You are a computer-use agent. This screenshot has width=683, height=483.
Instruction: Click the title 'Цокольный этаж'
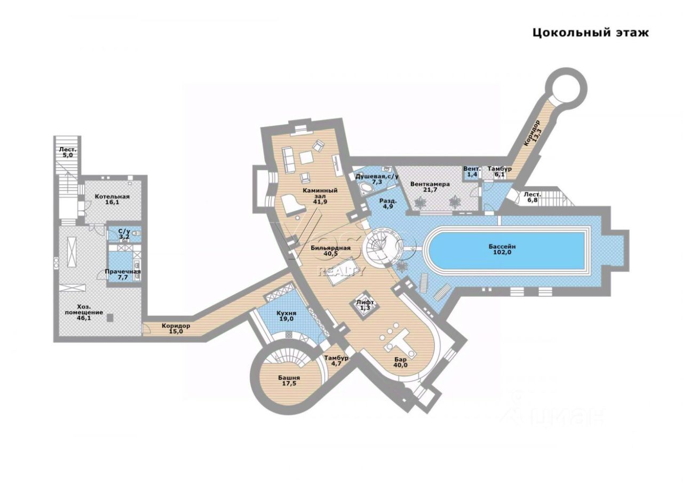click(591, 33)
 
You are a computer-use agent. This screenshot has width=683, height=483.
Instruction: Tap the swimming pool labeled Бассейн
click(502, 250)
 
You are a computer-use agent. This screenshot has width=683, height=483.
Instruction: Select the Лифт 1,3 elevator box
click(366, 305)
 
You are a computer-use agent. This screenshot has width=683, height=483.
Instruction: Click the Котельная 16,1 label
click(112, 200)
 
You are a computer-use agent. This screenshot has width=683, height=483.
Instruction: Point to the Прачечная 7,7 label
click(123, 274)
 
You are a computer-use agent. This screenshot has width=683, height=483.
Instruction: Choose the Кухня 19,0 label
click(287, 315)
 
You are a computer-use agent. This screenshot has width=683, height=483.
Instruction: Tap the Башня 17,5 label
click(288, 381)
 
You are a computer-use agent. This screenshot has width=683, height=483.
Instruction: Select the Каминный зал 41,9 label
click(320, 195)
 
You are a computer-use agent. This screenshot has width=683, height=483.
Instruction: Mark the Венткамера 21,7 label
click(430, 187)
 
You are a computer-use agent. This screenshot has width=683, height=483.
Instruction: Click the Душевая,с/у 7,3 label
click(377, 179)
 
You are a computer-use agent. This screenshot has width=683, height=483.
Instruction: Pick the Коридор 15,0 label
click(176, 328)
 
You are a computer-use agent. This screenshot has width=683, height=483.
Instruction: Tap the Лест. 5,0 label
click(68, 152)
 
